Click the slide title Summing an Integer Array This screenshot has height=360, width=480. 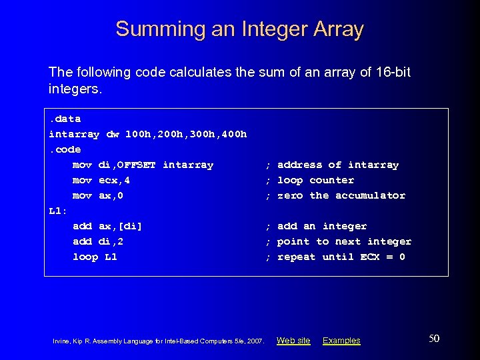coord(239,29)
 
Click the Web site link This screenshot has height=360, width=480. coord(293,341)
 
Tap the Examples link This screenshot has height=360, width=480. coord(341,341)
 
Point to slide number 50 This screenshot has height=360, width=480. coord(434,339)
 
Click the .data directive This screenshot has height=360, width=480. coord(65,119)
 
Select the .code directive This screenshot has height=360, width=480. coord(65,149)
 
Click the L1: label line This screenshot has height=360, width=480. coord(58,211)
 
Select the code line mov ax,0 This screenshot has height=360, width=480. coord(98,195)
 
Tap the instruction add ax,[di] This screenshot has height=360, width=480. coord(107,226)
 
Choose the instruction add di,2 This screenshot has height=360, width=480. coord(98,241)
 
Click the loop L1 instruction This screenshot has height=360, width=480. coord(95,257)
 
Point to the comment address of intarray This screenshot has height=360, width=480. coord(337,165)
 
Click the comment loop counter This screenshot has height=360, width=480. coord(315,180)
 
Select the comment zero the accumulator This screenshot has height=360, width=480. coord(341,195)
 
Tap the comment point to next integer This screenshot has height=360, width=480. coord(344,241)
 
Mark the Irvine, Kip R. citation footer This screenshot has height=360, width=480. coord(159,341)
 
